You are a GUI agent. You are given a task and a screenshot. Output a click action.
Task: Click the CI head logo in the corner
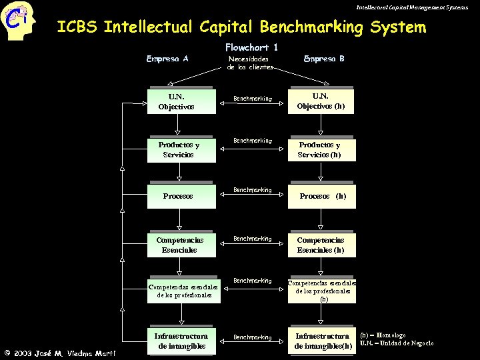click(x=18, y=21)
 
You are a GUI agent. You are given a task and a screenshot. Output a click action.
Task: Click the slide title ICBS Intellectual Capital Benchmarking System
click(x=241, y=27)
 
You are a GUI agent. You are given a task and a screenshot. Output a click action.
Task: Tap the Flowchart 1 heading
click(x=251, y=47)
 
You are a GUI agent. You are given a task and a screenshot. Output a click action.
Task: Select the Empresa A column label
click(x=167, y=59)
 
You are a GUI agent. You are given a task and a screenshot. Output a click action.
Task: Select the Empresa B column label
click(x=324, y=59)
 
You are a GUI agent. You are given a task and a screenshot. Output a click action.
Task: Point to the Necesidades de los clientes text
click(x=250, y=63)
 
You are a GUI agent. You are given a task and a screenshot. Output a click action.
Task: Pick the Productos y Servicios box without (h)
click(x=181, y=150)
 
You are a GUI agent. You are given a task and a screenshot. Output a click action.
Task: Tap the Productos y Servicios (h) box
click(x=321, y=150)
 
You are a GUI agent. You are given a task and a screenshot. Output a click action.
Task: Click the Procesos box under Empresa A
click(x=181, y=196)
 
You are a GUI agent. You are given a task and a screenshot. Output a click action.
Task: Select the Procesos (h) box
click(x=321, y=196)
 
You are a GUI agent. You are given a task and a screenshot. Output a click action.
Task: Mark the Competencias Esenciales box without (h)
click(x=181, y=244)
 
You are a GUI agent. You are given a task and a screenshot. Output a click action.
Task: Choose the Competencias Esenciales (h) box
click(x=321, y=244)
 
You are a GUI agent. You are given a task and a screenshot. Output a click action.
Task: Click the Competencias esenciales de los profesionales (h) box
click(x=322, y=291)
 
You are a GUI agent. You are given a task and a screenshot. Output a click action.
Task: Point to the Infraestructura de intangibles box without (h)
click(x=181, y=340)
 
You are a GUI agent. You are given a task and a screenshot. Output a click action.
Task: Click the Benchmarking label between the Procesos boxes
click(x=252, y=190)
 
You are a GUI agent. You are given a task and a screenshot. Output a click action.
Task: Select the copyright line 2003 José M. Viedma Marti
click(x=60, y=353)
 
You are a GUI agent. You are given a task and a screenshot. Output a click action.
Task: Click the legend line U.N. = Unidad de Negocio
click(x=396, y=343)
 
